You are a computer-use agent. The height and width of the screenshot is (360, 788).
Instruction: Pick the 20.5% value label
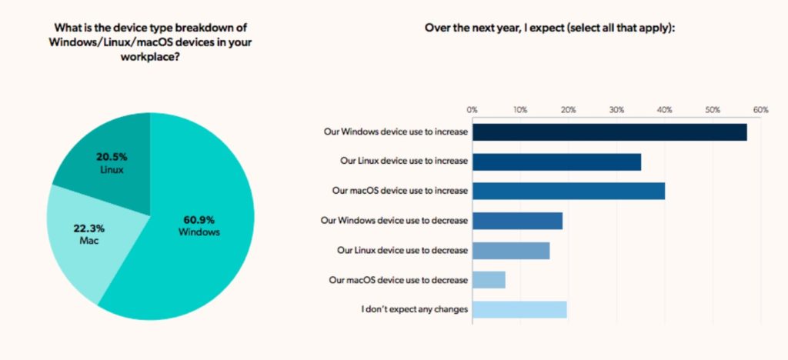coord(111,156)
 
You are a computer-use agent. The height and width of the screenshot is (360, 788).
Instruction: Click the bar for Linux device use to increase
coord(556,162)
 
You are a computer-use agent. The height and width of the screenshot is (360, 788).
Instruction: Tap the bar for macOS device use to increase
coord(569,191)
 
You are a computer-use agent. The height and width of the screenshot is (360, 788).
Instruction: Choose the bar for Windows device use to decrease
coord(517,221)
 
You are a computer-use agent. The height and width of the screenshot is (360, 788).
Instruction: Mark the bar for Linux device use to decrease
coord(511,251)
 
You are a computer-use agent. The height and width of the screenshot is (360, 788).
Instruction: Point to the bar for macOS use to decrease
coord(489,280)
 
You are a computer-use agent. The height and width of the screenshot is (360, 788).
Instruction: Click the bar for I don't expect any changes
coord(519,309)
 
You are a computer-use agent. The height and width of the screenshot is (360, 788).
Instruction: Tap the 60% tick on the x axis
coord(760,110)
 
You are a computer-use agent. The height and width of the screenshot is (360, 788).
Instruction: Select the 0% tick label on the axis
coord(472,110)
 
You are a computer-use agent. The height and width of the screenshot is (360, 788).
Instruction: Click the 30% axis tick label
coord(616,110)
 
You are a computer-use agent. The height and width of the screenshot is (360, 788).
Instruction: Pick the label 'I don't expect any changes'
coord(414,310)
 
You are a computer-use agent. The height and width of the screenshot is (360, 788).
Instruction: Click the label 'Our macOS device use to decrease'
coord(398,280)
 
